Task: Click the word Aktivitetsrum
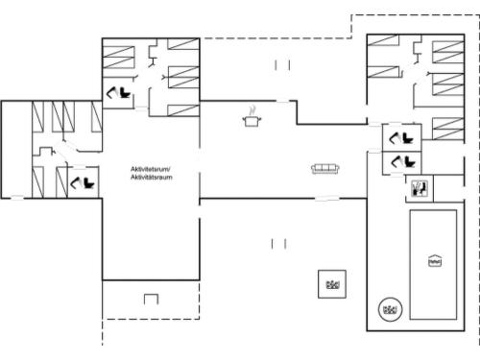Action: [150, 169]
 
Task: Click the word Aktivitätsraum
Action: [150, 177]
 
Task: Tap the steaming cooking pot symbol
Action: [252, 117]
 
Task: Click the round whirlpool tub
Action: [390, 308]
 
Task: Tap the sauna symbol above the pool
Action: [420, 188]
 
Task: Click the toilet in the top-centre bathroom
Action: [121, 92]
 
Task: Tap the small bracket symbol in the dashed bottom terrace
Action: [151, 300]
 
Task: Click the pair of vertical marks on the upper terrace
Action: [282, 64]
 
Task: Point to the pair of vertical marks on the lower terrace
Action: [278, 244]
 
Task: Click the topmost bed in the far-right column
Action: [447, 52]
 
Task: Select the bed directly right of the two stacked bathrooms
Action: [446, 128]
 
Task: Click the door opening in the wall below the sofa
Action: [326, 199]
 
